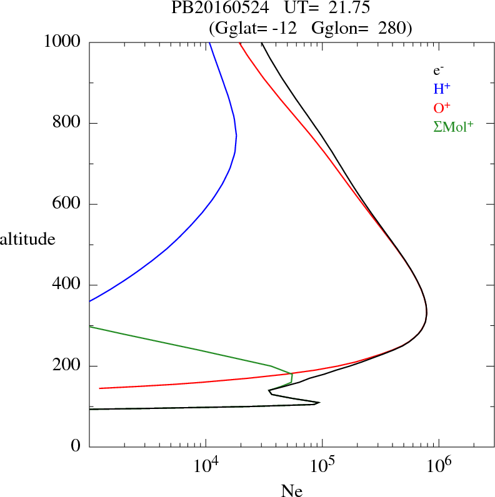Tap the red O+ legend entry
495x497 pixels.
pyautogui.click(x=441, y=107)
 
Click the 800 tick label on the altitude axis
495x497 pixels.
pyautogui.click(x=68, y=123)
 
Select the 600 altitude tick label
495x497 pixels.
pyautogui.click(x=68, y=204)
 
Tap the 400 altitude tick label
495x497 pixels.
pyautogui.click(x=68, y=285)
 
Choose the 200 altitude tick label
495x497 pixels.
pyautogui.click(x=68, y=366)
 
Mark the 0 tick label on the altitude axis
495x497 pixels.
pyautogui.click(x=76, y=446)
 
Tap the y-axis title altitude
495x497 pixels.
pyautogui.click(x=27, y=239)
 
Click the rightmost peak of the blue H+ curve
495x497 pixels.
pyautogui.click(x=236, y=135)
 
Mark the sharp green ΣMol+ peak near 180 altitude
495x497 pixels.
pyautogui.click(x=292, y=373)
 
